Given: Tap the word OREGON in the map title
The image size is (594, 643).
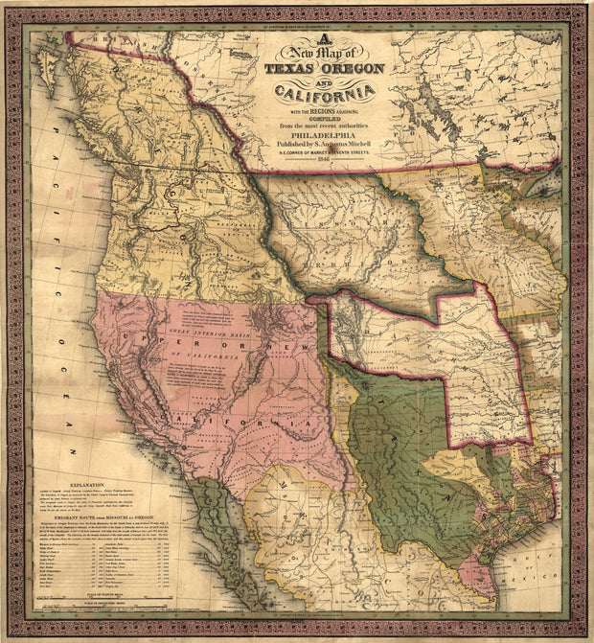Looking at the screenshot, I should pyautogui.click(x=353, y=69).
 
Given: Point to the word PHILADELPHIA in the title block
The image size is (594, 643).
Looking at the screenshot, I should pyautogui.click(x=322, y=135).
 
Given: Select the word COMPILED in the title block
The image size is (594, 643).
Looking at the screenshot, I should pyautogui.click(x=323, y=117).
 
